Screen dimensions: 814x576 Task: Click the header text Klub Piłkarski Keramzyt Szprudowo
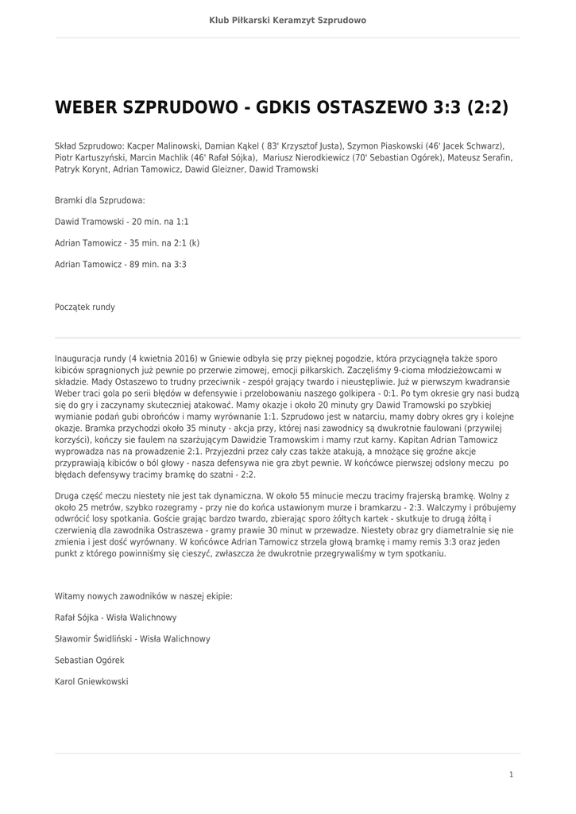[x=288, y=20]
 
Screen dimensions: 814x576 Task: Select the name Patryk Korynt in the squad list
[x=82, y=169]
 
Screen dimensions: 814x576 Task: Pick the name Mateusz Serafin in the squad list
[x=481, y=158]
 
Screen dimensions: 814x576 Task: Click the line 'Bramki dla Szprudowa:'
[x=100, y=200]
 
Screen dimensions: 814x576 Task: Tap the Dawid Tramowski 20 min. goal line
[x=122, y=222]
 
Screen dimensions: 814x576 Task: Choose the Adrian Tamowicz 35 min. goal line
[x=127, y=242]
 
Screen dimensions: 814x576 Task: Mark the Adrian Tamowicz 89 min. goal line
[x=121, y=264]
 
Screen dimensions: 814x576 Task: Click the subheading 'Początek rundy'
[x=85, y=306]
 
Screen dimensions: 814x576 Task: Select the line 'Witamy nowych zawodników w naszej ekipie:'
[x=143, y=595]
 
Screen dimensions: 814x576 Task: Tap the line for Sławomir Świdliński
[x=133, y=638]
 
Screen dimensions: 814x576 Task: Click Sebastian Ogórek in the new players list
[x=90, y=660]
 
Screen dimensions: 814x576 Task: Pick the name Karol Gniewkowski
[x=91, y=681]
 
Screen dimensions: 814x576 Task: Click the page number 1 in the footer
[x=512, y=773]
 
